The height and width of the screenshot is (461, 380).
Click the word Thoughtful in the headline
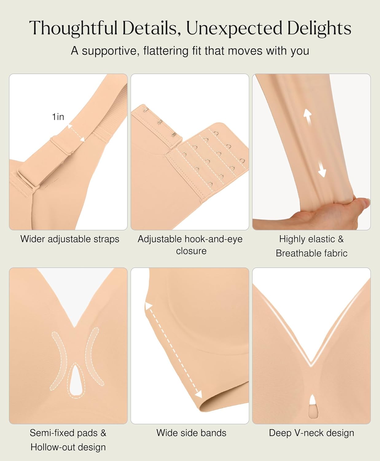pyautogui.click(x=73, y=28)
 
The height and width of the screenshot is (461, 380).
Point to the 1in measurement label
pyautogui.click(x=58, y=117)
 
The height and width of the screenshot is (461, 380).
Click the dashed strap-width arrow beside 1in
pyautogui.click(x=76, y=133)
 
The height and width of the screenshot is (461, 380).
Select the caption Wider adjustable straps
pyautogui.click(x=70, y=239)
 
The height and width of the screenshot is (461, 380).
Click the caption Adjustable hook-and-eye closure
pyautogui.click(x=190, y=245)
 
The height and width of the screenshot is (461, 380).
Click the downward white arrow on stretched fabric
pyautogui.click(x=321, y=169)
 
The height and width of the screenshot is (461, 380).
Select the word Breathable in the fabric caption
pyautogui.click(x=296, y=253)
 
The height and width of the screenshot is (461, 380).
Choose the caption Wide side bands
pyautogui.click(x=191, y=433)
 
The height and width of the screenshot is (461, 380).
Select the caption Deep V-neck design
pyautogui.click(x=311, y=433)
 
